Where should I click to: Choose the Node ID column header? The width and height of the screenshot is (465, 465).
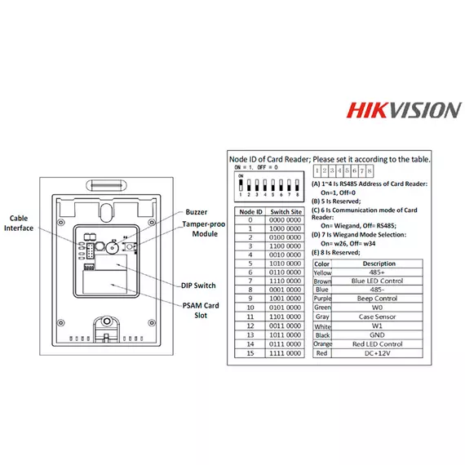[250, 211]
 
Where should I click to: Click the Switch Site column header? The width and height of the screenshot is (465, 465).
[286, 211]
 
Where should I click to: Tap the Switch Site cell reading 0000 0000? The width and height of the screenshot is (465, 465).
[286, 220]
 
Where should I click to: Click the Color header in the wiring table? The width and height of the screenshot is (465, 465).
[321, 263]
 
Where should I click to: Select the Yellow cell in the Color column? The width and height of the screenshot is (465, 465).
[321, 273]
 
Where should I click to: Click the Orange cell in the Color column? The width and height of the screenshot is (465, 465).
[321, 345]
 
